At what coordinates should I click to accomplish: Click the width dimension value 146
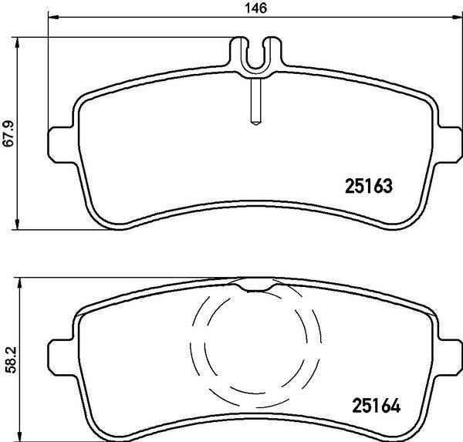256,8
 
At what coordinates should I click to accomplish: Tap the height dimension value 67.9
8,133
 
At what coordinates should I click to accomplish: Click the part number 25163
369,186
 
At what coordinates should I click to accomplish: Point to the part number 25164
377,406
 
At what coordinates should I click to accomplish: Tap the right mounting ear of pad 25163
449,145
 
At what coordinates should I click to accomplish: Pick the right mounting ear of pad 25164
449,357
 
